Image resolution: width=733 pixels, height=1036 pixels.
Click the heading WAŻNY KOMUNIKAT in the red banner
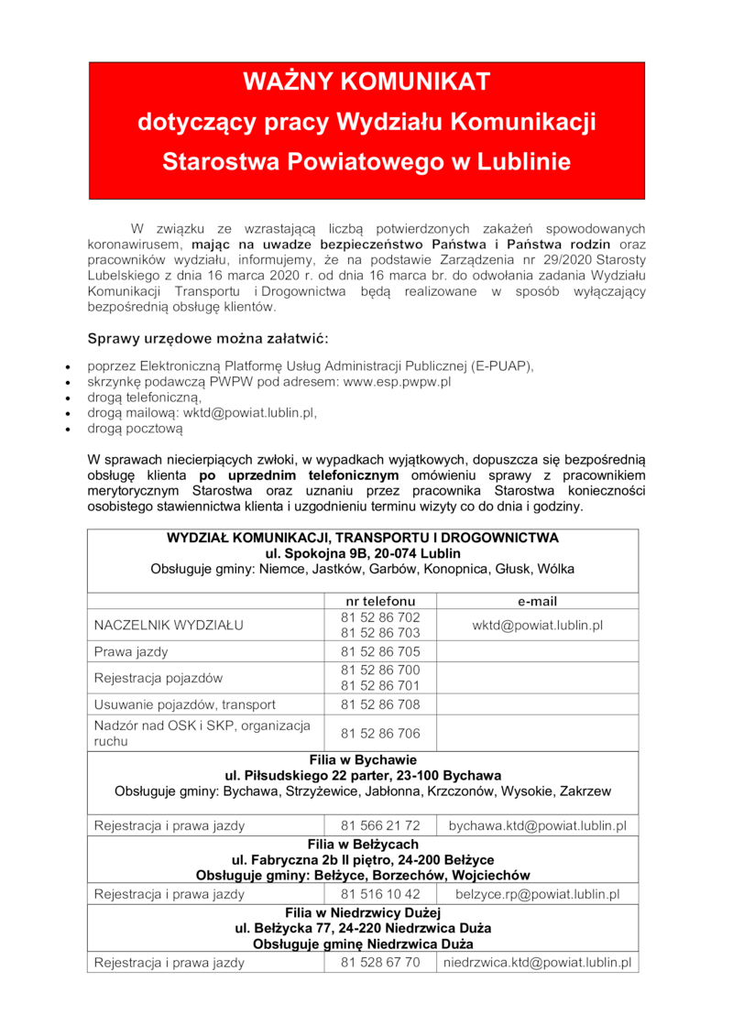(x=366, y=82)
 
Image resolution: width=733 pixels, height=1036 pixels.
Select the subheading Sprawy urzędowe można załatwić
(x=201, y=340)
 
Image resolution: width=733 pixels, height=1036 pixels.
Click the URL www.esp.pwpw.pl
(x=397, y=381)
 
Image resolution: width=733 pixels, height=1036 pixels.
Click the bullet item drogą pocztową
(x=136, y=428)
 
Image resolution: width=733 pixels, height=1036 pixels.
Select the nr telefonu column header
(x=380, y=601)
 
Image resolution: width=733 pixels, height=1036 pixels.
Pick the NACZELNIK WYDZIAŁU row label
(x=168, y=626)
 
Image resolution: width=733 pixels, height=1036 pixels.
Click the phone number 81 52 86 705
(x=380, y=652)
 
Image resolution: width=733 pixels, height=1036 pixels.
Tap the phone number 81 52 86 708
(x=380, y=704)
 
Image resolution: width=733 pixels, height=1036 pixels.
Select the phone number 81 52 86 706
(x=380, y=734)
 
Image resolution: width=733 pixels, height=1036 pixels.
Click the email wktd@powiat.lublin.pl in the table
(x=537, y=626)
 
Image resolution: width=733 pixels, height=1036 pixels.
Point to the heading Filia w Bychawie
(x=363, y=760)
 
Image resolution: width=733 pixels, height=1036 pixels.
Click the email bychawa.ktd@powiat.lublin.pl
(x=537, y=826)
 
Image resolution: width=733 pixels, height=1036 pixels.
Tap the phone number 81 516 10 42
(x=380, y=894)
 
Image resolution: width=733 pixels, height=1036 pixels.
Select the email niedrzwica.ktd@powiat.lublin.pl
(x=537, y=963)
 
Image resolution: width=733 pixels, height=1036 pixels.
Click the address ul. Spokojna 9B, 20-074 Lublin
(x=363, y=553)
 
